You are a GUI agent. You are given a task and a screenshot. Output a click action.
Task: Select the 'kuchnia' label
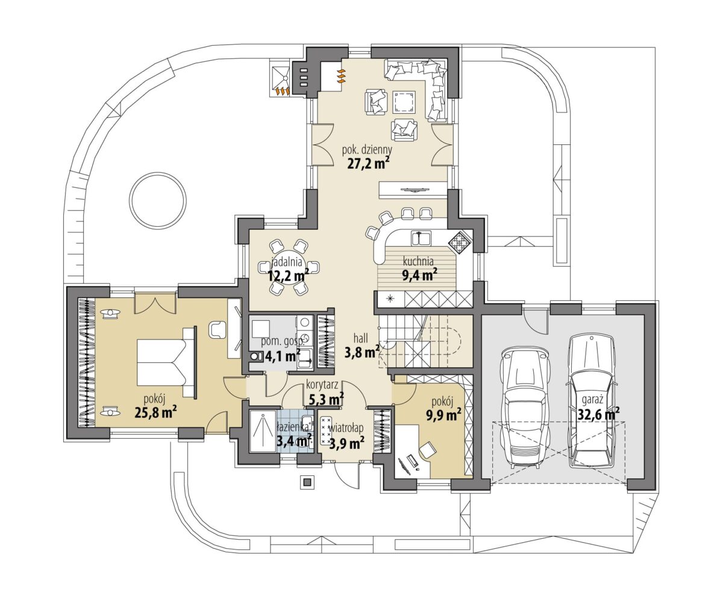click(418, 261)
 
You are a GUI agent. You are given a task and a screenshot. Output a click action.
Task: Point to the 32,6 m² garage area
click(598, 414)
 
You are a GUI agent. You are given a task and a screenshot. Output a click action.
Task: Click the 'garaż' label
click(593, 400)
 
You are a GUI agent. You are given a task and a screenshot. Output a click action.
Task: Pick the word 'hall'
click(361, 338)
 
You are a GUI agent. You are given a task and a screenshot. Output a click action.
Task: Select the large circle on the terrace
click(158, 200)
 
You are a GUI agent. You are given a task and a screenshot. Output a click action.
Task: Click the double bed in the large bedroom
click(166, 362)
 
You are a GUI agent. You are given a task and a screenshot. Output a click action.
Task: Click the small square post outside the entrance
click(306, 482)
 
